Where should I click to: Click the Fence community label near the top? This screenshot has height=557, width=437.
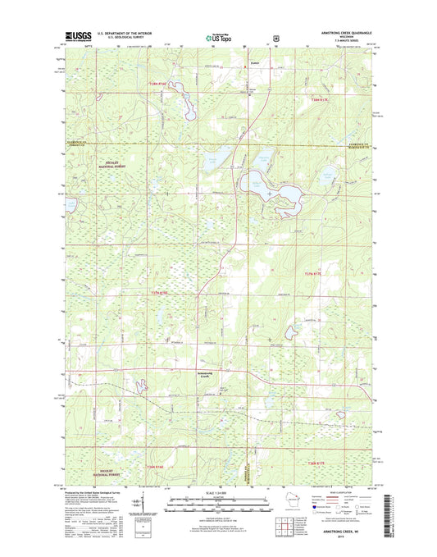click(x=231, y=62)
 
